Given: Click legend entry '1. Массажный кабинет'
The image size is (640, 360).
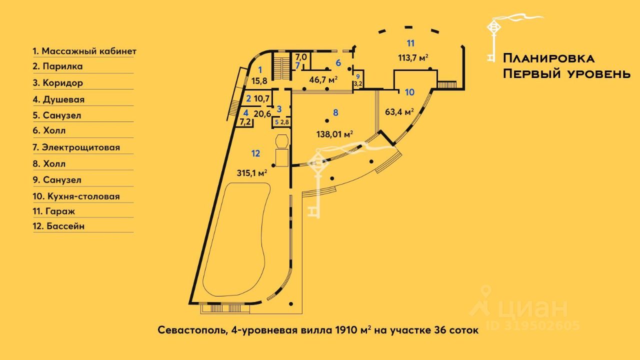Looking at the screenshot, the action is click(x=84, y=51).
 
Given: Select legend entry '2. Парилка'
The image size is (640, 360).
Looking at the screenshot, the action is click(x=57, y=66).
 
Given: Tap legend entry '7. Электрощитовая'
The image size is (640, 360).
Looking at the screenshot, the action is click(x=76, y=147).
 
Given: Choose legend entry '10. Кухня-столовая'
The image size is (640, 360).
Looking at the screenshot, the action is click(x=76, y=196).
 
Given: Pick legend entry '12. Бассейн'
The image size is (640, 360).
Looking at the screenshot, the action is click(x=58, y=226).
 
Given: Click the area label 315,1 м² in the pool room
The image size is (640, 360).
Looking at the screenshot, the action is click(x=252, y=172).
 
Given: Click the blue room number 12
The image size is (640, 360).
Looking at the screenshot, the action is click(x=255, y=153).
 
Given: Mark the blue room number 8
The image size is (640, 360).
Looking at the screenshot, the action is click(x=335, y=113).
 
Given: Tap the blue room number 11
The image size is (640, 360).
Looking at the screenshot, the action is click(x=410, y=42).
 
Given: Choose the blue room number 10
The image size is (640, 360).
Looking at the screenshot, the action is click(x=409, y=92).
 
